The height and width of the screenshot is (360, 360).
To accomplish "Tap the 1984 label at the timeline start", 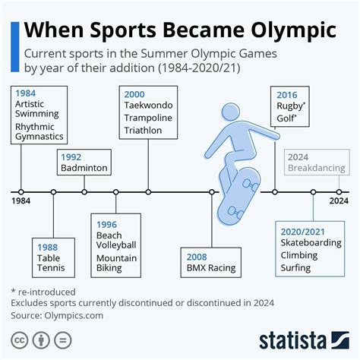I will pos(21,202).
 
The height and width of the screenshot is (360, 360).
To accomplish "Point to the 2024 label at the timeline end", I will pos(338,202).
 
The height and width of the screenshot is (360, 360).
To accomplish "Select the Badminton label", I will pos(84,169).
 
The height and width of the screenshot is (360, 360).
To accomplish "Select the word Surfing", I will pos(297,267).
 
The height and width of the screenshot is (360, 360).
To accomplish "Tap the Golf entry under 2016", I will pos(286,119).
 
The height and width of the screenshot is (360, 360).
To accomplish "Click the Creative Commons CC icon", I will pos(19,337).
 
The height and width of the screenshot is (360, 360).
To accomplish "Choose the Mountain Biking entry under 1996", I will pos(116,263).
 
